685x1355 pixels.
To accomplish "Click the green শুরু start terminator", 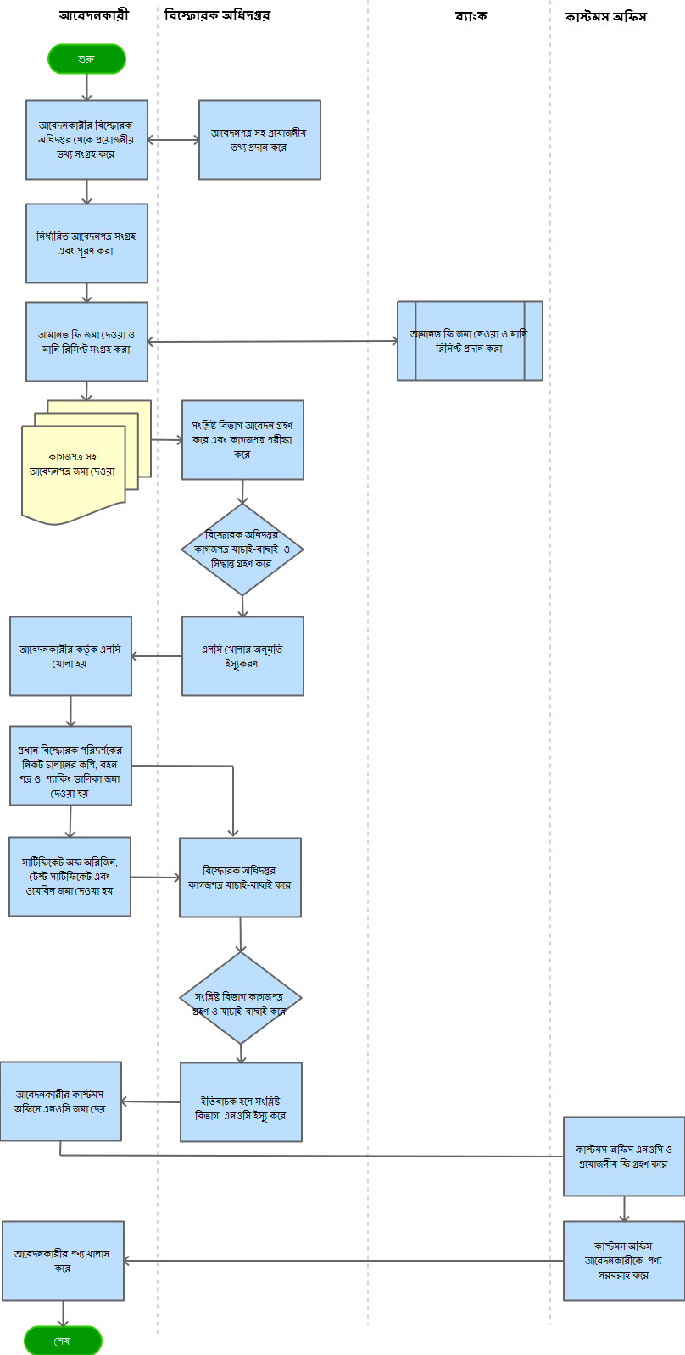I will pyautogui.click(x=86, y=59).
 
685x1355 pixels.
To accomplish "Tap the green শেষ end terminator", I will pyautogui.click(x=63, y=1341).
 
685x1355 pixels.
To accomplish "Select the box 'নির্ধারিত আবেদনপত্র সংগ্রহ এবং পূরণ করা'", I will pyautogui.click(x=86, y=243).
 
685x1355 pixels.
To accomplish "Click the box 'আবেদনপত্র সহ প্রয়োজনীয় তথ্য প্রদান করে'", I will pyautogui.click(x=259, y=140).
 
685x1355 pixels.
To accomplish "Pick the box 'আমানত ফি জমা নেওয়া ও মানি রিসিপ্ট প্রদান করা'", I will pyautogui.click(x=470, y=341).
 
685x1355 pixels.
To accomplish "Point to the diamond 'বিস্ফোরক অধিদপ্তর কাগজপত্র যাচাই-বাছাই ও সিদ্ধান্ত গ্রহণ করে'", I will pyautogui.click(x=242, y=549).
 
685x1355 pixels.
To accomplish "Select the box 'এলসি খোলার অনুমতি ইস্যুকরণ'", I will pyautogui.click(x=242, y=656).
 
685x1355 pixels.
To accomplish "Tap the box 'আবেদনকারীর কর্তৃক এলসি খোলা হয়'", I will pyautogui.click(x=70, y=656).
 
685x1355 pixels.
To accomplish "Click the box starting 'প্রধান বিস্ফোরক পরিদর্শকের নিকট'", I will pyautogui.click(x=70, y=765).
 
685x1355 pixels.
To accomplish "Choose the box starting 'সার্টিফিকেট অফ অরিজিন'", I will pyautogui.click(x=70, y=877).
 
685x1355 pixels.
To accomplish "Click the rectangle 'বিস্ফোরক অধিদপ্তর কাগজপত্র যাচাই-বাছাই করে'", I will pyautogui.click(x=240, y=878).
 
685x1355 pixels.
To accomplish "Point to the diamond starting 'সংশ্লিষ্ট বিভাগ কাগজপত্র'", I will pyautogui.click(x=241, y=998).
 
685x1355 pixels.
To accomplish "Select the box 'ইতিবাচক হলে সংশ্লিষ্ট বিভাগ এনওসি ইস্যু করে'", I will pyautogui.click(x=241, y=1102).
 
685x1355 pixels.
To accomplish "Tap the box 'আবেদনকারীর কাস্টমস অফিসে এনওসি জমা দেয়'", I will pyautogui.click(x=60, y=1101).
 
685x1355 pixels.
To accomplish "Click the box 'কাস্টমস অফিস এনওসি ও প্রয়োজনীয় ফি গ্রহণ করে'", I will pyautogui.click(x=623, y=1157).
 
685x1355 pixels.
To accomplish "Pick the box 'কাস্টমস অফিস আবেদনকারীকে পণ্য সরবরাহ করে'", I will pyautogui.click(x=623, y=1260).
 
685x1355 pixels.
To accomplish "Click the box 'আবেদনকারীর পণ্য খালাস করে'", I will pyautogui.click(x=63, y=1261).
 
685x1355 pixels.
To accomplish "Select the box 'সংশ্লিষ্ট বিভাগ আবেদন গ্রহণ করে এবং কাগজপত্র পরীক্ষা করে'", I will pyautogui.click(x=242, y=440).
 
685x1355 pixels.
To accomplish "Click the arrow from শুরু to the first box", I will pyautogui.click(x=86, y=86).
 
